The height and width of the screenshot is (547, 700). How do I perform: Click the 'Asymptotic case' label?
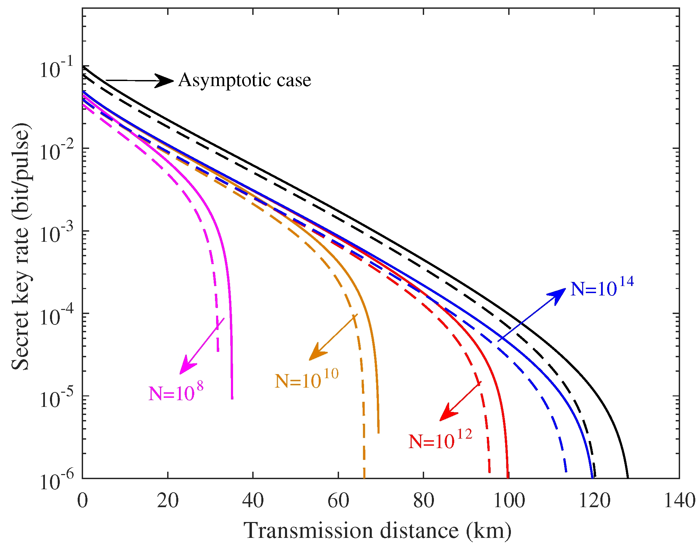click(x=244, y=80)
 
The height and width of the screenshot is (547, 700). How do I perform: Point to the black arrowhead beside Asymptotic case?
click(x=165, y=81)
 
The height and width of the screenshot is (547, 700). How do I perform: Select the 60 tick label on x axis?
click(x=338, y=500)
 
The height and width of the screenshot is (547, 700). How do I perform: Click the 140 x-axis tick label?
click(x=679, y=500)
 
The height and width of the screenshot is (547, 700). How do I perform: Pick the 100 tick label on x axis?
click(x=509, y=500)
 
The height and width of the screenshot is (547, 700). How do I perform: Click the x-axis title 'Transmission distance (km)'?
click(x=377, y=530)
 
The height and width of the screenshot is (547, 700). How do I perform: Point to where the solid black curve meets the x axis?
click(x=627, y=477)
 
